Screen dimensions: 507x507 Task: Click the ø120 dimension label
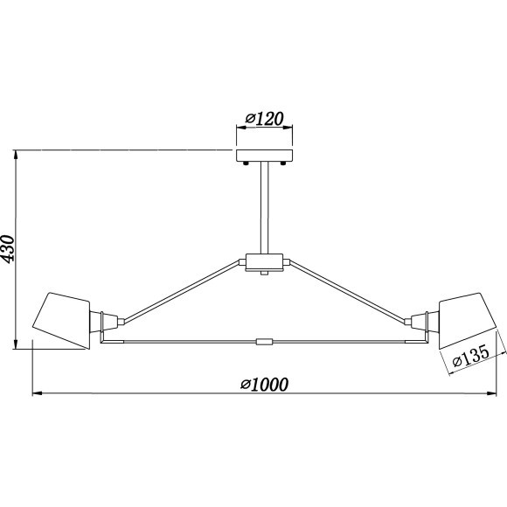264,119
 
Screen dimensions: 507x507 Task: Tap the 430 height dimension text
8,248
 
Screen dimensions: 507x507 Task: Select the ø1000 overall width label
264,385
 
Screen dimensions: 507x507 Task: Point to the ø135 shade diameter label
471,357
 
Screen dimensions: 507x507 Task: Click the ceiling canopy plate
265,156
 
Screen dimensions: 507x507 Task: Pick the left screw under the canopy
246,163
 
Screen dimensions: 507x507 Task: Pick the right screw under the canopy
283,163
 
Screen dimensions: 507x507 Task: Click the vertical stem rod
265,207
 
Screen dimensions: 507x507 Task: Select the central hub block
265,262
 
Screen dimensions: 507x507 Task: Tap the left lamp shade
61,320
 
